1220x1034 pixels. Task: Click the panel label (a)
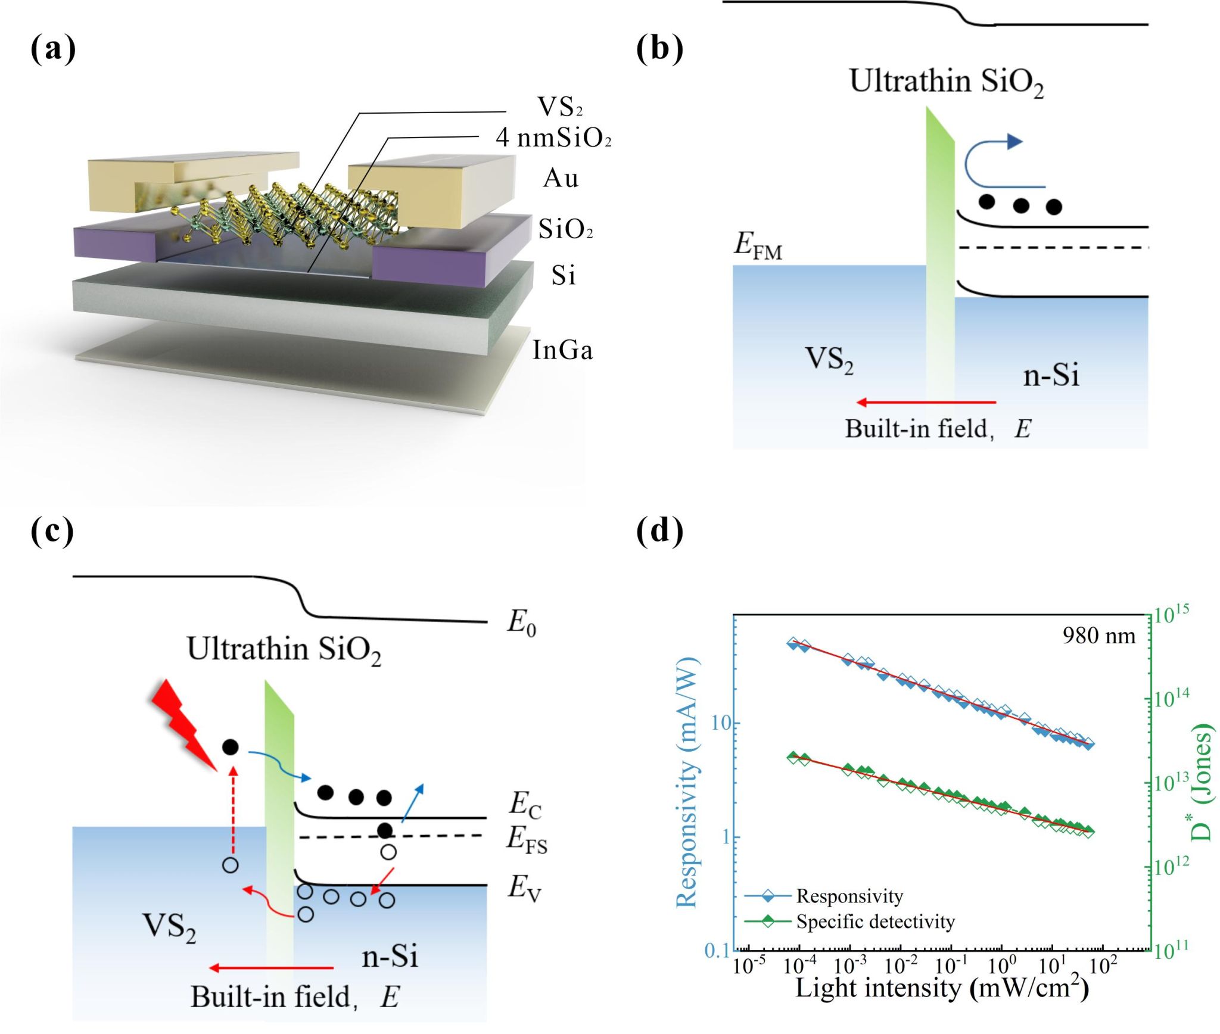click(53, 49)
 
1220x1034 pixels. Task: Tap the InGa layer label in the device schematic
click(562, 350)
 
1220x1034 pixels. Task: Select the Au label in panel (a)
click(561, 178)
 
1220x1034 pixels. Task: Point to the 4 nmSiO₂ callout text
click(553, 138)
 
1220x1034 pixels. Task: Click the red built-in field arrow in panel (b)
click(926, 403)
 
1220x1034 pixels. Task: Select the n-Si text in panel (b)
click(1051, 376)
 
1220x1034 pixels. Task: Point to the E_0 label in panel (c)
click(522, 624)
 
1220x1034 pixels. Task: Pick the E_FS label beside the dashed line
click(527, 840)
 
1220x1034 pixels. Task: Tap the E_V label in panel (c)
click(524, 889)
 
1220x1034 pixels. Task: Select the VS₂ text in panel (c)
click(169, 927)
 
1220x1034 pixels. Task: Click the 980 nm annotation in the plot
click(1098, 636)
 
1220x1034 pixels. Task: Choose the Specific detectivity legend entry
click(874, 922)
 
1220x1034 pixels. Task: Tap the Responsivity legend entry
click(849, 896)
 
